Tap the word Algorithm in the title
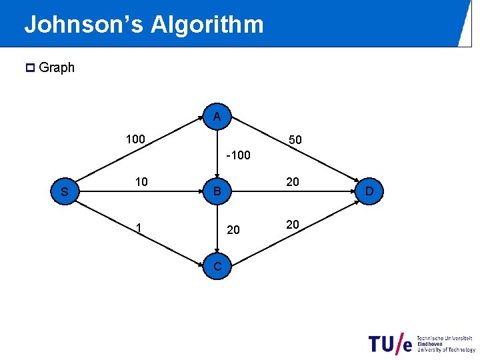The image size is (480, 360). [x=207, y=25]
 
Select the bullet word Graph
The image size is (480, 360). [x=57, y=67]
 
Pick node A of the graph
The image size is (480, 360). [x=217, y=117]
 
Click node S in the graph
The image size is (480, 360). [x=65, y=193]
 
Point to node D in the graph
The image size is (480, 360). [x=369, y=193]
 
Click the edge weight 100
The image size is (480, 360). [x=136, y=139]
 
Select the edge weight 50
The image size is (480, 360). [x=295, y=140]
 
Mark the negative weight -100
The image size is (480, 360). [x=238, y=156]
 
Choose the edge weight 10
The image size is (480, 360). [x=141, y=182]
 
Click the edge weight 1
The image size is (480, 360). [x=138, y=227]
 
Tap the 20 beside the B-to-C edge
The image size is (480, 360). [x=233, y=230]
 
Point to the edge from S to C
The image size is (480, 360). [x=140, y=230]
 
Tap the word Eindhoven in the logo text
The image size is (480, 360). [x=431, y=343]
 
